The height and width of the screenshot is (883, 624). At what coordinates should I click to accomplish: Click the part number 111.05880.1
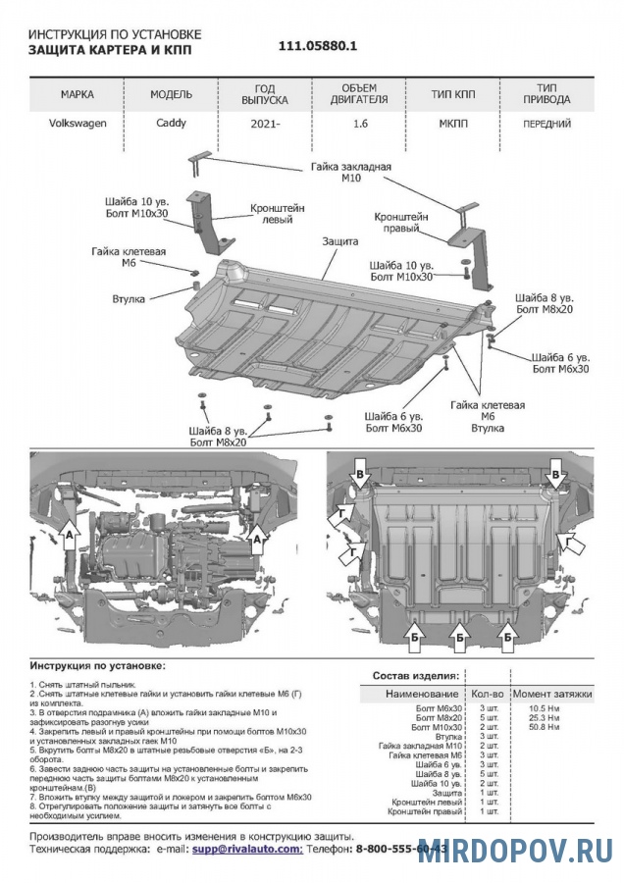coord(319,46)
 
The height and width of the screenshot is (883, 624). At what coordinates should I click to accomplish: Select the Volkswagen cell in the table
coord(78,124)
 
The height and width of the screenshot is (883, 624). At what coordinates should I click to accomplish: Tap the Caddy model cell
coord(171,124)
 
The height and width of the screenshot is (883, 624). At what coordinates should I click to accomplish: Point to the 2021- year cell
coord(264,126)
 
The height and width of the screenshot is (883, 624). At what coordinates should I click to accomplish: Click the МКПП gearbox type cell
coord(452,125)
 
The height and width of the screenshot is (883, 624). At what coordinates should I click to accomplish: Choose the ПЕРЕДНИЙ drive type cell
coord(547,125)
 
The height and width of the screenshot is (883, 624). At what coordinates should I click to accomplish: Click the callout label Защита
coord(339,240)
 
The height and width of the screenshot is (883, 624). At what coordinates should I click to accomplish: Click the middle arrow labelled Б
coord(459,639)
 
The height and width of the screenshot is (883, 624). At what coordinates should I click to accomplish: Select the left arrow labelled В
coord(361,476)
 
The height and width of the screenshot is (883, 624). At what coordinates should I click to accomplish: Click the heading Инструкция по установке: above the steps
coord(97,665)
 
